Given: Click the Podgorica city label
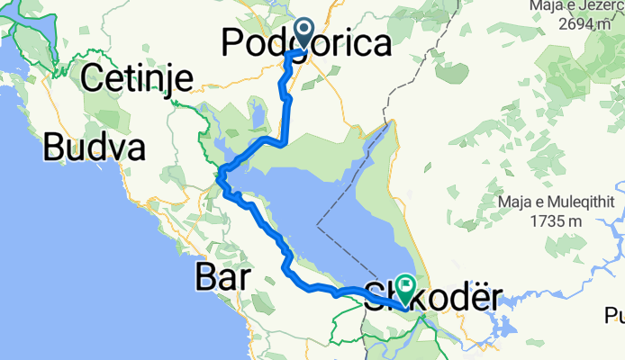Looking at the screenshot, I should [x=307, y=42].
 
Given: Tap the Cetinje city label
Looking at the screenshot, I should [x=136, y=79].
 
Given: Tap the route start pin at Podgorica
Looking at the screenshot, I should [x=302, y=34].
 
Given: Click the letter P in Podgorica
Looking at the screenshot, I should [x=233, y=42].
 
